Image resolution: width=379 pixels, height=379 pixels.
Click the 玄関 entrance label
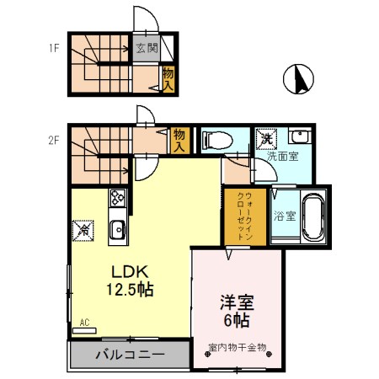pos(147,48)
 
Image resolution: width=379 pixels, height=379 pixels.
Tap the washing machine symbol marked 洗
pos(265,137)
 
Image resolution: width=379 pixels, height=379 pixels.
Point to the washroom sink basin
pos(298,137)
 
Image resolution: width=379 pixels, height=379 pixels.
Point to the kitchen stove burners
pos(117,200)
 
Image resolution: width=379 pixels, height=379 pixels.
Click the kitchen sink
pos(117,228)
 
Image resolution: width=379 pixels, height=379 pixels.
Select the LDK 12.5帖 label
pos(130,280)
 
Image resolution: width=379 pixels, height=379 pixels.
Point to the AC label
pos(85,322)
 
